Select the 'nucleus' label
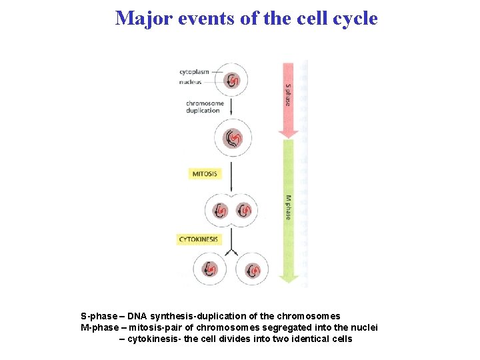[190, 82]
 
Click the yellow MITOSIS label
[205, 174]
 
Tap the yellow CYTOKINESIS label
[198, 239]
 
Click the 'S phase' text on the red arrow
[288, 94]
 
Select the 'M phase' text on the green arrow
[288, 207]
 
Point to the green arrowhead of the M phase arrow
[288, 279]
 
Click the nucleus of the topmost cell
[232, 80]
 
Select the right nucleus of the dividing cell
[244, 211]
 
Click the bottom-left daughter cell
[210, 270]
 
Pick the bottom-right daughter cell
[253, 270]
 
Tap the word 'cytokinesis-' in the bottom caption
[156, 339]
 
